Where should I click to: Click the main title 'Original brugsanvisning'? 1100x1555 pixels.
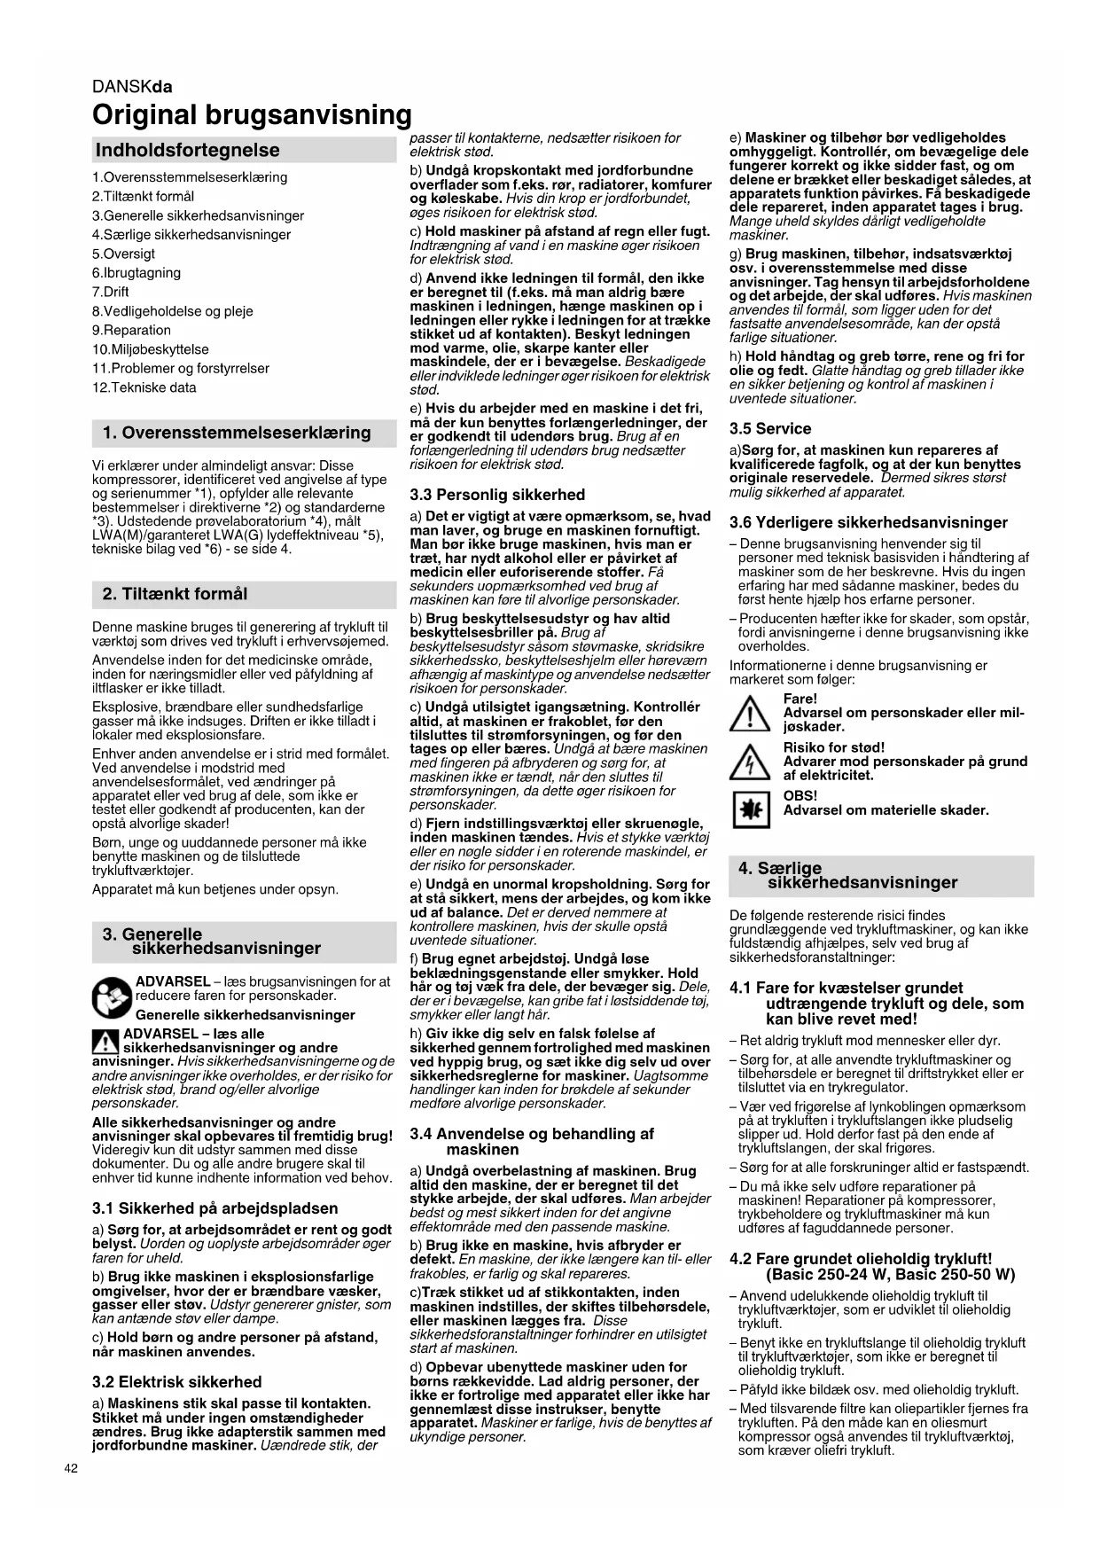253,115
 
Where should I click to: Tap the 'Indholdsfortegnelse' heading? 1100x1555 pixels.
187,150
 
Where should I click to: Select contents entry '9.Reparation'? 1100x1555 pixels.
131,330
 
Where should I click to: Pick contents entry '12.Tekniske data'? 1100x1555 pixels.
144,387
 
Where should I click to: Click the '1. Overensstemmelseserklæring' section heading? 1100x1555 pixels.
237,433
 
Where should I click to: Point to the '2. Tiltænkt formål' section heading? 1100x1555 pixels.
175,593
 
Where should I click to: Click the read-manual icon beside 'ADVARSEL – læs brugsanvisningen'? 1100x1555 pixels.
112,997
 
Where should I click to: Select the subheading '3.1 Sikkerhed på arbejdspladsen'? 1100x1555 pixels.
215,1207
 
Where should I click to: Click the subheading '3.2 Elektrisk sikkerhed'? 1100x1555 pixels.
177,1381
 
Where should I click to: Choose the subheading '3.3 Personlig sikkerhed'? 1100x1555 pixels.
497,495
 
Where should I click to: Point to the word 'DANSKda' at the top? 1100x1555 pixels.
132,87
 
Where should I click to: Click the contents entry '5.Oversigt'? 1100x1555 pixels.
123,254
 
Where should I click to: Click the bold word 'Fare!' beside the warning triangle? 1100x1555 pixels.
800,699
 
